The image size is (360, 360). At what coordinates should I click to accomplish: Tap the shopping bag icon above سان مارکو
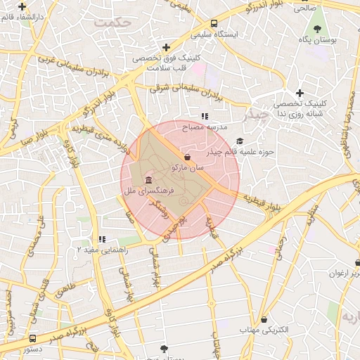[x=186, y=157]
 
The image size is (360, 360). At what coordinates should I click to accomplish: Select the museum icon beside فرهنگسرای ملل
[x=148, y=180]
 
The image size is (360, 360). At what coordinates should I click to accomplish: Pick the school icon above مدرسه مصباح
[x=205, y=116]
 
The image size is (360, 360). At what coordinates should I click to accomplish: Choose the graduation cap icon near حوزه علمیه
[x=240, y=141]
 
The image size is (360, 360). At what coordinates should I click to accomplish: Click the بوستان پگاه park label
[x=318, y=40]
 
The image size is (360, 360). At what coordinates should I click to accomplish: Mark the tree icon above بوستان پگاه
[x=318, y=29]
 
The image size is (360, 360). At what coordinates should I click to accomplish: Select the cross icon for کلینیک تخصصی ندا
[x=300, y=93]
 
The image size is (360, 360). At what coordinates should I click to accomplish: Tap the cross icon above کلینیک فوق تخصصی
[x=166, y=47]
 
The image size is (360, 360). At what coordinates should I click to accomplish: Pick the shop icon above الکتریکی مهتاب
[x=264, y=319]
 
